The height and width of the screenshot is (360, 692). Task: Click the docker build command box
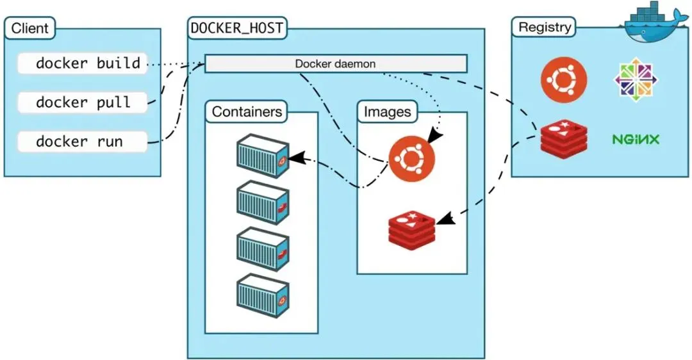click(83, 63)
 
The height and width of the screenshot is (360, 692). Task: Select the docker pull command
click(83, 102)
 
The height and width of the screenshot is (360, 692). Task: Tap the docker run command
click(83, 142)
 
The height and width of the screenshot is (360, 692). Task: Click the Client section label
click(29, 28)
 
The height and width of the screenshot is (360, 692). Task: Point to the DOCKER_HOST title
click(238, 28)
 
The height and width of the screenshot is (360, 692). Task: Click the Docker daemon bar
click(335, 64)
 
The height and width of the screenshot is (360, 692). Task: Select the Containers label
click(247, 111)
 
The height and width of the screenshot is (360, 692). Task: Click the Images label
click(387, 111)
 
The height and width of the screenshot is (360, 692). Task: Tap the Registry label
click(544, 28)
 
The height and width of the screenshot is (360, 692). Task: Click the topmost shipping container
click(262, 156)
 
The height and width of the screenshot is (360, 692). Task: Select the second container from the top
click(262, 202)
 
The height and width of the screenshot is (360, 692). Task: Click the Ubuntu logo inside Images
click(411, 158)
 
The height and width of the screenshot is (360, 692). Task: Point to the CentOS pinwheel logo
click(636, 79)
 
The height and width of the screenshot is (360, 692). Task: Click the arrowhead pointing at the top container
click(295, 158)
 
